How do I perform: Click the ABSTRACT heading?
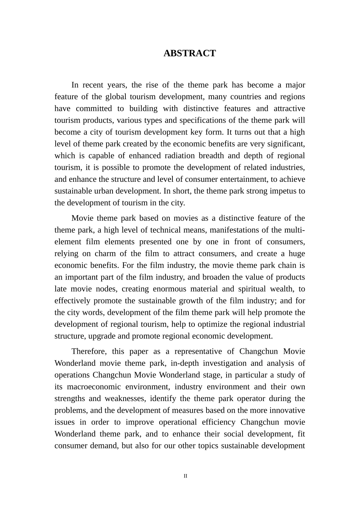coord(189,53)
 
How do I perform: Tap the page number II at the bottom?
coord(185,476)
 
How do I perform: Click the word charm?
coord(105,253)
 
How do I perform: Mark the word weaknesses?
coord(125,398)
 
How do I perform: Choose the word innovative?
coord(286,410)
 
